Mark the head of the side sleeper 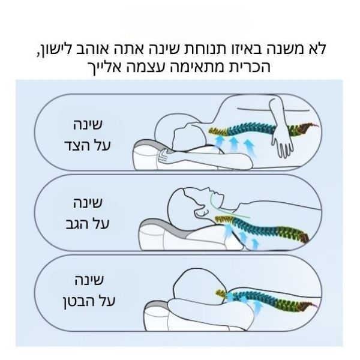pyautogui.click(x=177, y=126)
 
